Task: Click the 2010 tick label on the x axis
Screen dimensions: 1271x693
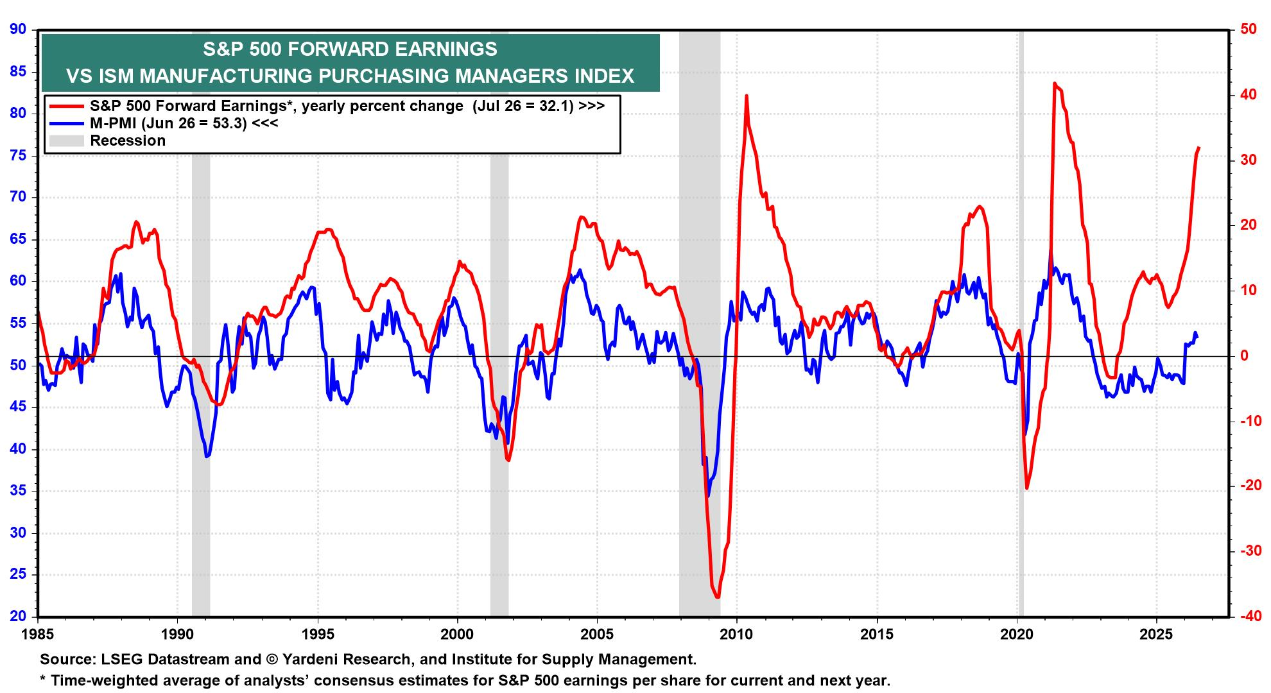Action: [x=737, y=633]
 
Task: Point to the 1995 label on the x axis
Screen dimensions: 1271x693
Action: [x=317, y=633]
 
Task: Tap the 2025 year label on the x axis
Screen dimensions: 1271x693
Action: [x=1157, y=633]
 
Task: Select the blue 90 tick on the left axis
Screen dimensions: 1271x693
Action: [x=19, y=29]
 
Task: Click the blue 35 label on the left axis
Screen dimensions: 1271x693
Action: [x=19, y=491]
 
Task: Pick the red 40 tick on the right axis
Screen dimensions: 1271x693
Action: [x=1249, y=94]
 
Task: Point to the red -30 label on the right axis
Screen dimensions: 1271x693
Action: [x=1246, y=551]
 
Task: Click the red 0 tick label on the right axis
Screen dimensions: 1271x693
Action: [x=1245, y=355]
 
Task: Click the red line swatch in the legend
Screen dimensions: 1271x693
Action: [x=65, y=106]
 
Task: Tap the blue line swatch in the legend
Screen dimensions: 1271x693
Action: [x=65, y=123]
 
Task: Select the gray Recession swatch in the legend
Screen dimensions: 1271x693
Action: [x=65, y=141]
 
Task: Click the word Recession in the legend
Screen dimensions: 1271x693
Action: [x=128, y=141]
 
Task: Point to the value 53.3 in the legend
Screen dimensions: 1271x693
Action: [x=228, y=123]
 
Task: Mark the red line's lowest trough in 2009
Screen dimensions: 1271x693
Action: [x=717, y=597]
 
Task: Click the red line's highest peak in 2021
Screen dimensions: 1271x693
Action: [x=1055, y=83]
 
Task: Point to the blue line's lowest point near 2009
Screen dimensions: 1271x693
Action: [x=708, y=496]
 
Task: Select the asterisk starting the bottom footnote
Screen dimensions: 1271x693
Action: [x=43, y=678]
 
